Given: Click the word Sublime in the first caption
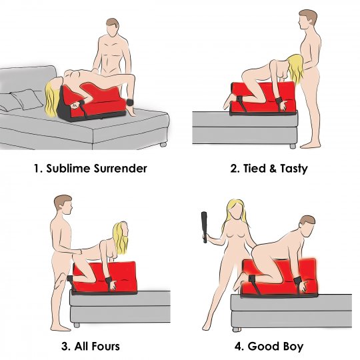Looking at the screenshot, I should [x=69, y=168].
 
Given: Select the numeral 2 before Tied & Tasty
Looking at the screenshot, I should [x=233, y=168].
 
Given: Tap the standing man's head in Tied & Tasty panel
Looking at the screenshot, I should [x=307, y=18].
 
